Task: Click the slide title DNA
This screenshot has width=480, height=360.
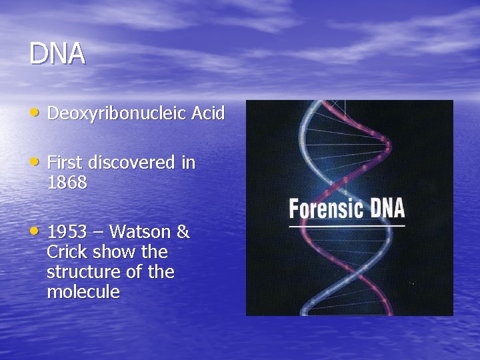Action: pyautogui.click(x=57, y=54)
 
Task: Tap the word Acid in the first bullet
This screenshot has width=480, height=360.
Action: pyautogui.click(x=207, y=113)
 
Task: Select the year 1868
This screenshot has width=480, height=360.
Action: pyautogui.click(x=67, y=183)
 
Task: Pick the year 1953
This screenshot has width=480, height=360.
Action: pyautogui.click(x=67, y=233)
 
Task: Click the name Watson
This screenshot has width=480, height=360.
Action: pyautogui.click(x=140, y=233)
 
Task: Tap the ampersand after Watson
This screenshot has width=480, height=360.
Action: pyautogui.click(x=182, y=233)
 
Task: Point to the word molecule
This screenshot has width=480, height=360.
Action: pyautogui.click(x=83, y=293)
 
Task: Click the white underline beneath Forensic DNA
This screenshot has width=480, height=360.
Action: pyautogui.click(x=347, y=227)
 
